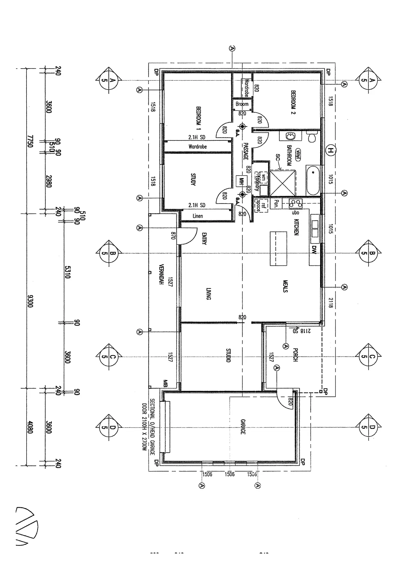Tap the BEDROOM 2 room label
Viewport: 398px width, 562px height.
click(293, 102)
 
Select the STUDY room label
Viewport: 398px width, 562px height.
click(193, 180)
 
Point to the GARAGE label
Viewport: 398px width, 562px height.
click(243, 427)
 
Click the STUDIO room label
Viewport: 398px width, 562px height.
click(228, 355)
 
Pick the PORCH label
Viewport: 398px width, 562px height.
click(295, 355)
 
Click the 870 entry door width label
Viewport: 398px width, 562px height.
click(173, 236)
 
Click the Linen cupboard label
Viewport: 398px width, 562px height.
click(198, 216)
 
